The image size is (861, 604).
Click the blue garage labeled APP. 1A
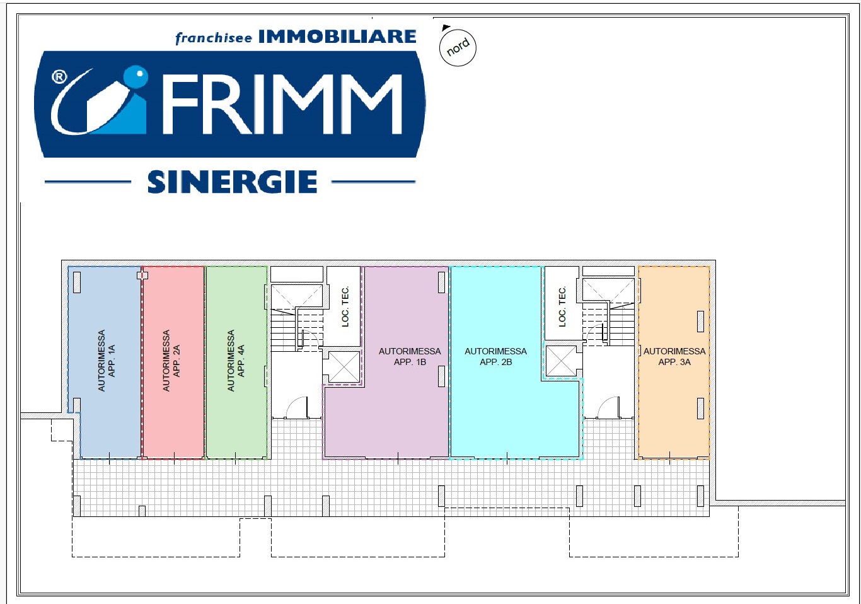coord(105,361)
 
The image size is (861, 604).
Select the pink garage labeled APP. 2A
coord(173,361)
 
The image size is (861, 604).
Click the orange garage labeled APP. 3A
coord(674,362)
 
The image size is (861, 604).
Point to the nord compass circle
coord(458,48)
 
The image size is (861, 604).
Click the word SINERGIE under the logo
coord(232,182)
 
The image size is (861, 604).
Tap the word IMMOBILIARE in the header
coord(337,37)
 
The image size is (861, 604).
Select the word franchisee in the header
coord(213,38)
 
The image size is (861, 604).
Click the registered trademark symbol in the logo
coord(59,78)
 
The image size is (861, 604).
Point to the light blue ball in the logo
coord(136,77)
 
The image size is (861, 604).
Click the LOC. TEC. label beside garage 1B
coord(345,306)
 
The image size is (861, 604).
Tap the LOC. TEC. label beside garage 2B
coord(562,306)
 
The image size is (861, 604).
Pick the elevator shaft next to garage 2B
coord(561,361)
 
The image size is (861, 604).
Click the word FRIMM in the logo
coord(282,104)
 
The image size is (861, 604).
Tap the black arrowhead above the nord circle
coord(446,28)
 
